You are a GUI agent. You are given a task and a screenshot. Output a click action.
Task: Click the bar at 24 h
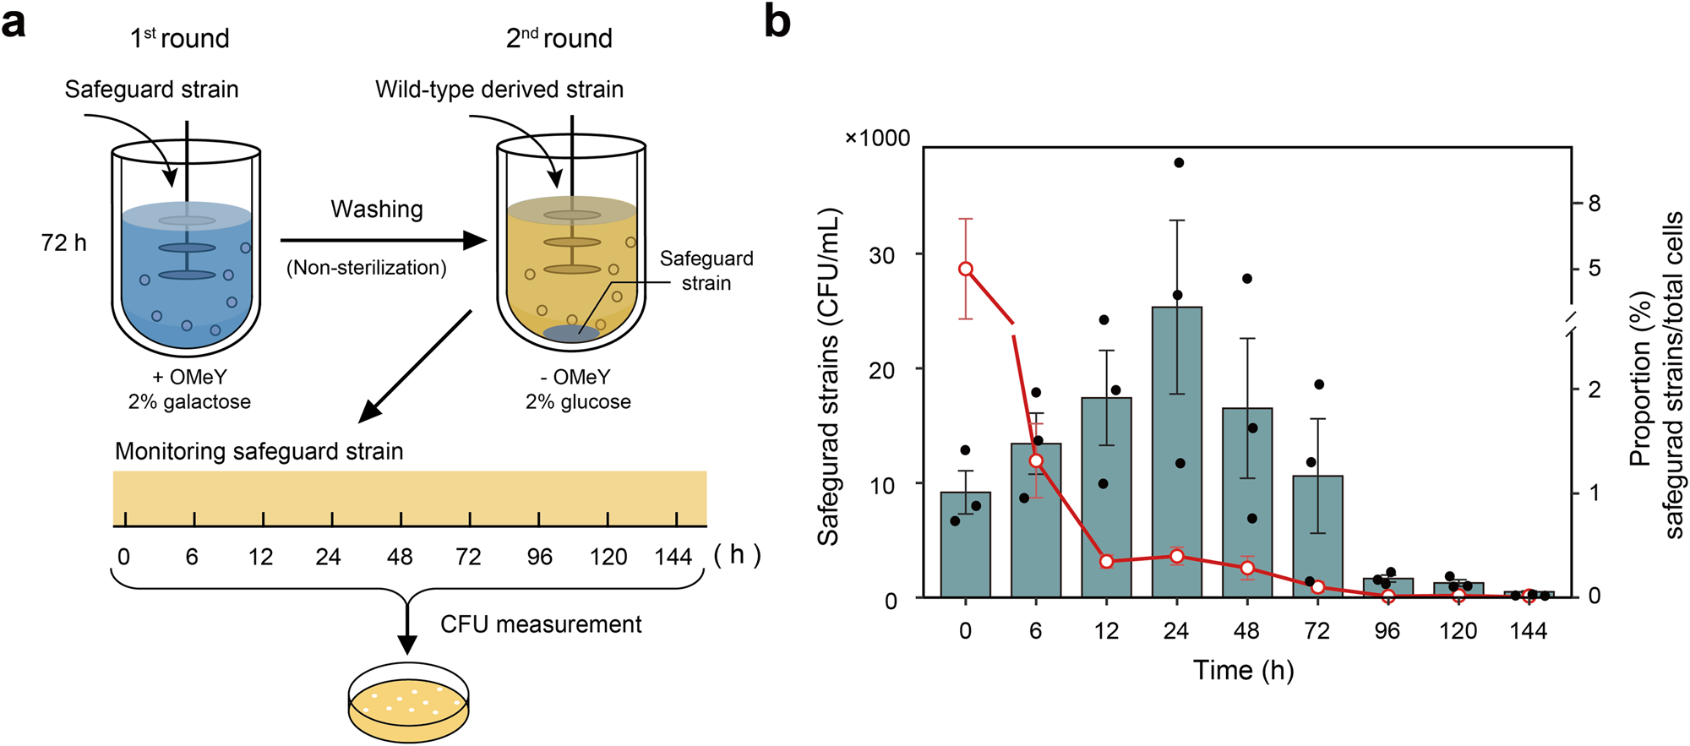[1176, 456]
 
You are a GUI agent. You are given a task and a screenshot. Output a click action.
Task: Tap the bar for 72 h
[1317, 541]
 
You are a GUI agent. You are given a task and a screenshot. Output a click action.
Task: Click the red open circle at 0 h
[966, 270]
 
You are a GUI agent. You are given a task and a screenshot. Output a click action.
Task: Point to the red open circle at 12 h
[1106, 561]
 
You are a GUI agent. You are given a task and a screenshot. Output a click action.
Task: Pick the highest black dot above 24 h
[1179, 163]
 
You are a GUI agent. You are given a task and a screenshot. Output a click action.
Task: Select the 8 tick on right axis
[1594, 204]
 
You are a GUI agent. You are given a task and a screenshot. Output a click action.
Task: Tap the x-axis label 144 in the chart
[1528, 631]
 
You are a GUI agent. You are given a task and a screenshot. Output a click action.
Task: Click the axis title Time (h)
[1243, 671]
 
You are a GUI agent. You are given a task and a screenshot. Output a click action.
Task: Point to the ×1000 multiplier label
[877, 139]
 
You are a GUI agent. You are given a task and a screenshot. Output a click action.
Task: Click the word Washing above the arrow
[377, 210]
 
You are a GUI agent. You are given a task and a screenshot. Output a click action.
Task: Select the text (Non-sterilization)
[366, 268]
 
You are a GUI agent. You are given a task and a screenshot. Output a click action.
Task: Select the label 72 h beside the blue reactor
[63, 243]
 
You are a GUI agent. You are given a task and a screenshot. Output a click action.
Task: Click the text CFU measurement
[541, 624]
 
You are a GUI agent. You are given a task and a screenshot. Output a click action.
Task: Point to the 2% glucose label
[578, 402]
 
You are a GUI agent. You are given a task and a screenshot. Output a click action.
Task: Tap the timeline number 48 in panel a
[400, 557]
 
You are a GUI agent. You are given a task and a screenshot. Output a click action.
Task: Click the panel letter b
[777, 21]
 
